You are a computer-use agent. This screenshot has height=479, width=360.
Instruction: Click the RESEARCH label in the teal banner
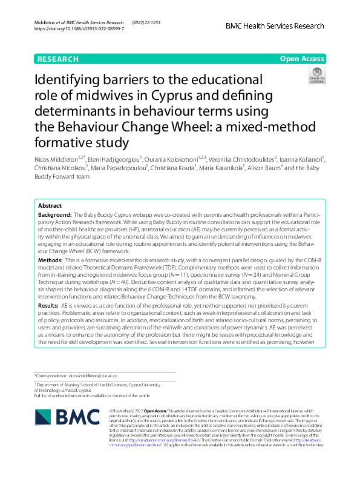[58, 59]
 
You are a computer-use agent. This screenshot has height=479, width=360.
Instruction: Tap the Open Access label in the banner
[303, 59]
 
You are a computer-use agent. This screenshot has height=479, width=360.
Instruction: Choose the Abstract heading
[50, 206]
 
